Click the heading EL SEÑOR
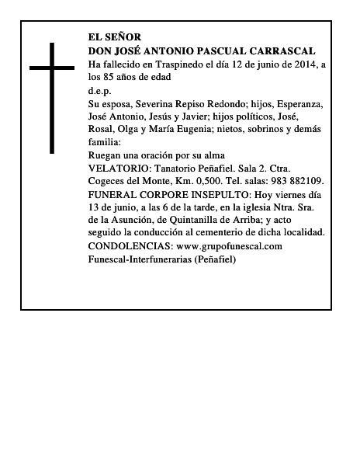116,37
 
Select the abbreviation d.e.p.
100,90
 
